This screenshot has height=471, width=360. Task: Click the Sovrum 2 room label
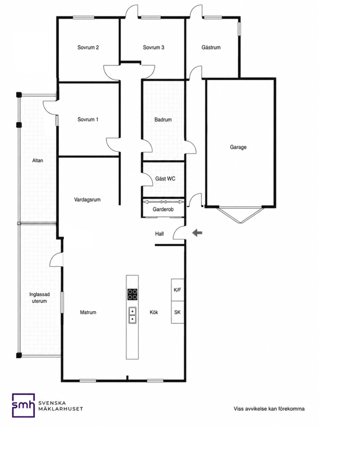coord(88,48)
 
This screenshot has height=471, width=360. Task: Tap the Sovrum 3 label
coord(154,48)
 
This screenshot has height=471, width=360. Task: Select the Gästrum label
coord(211,48)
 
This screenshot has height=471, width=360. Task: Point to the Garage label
coord(238,147)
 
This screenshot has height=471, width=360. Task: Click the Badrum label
coord(163,119)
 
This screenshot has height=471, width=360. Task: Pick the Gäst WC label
coord(165,179)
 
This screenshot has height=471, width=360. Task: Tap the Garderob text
coord(163,209)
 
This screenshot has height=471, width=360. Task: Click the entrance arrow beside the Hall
coord(197,232)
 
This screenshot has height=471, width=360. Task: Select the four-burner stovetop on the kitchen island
coord(132,294)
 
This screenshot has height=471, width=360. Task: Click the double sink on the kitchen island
coord(132,315)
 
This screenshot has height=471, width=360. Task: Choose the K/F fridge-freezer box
coord(178,290)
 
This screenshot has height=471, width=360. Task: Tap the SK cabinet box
coord(178,312)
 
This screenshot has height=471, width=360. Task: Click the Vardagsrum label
coord(87,200)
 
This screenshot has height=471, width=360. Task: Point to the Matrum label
coord(88,312)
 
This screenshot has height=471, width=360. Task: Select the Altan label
coord(38,160)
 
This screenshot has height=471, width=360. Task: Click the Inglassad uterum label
coord(39,298)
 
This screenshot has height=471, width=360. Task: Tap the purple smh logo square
coord(24,405)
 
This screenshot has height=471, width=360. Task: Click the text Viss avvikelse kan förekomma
coord(269,409)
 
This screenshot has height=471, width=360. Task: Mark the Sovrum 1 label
coord(88,119)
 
